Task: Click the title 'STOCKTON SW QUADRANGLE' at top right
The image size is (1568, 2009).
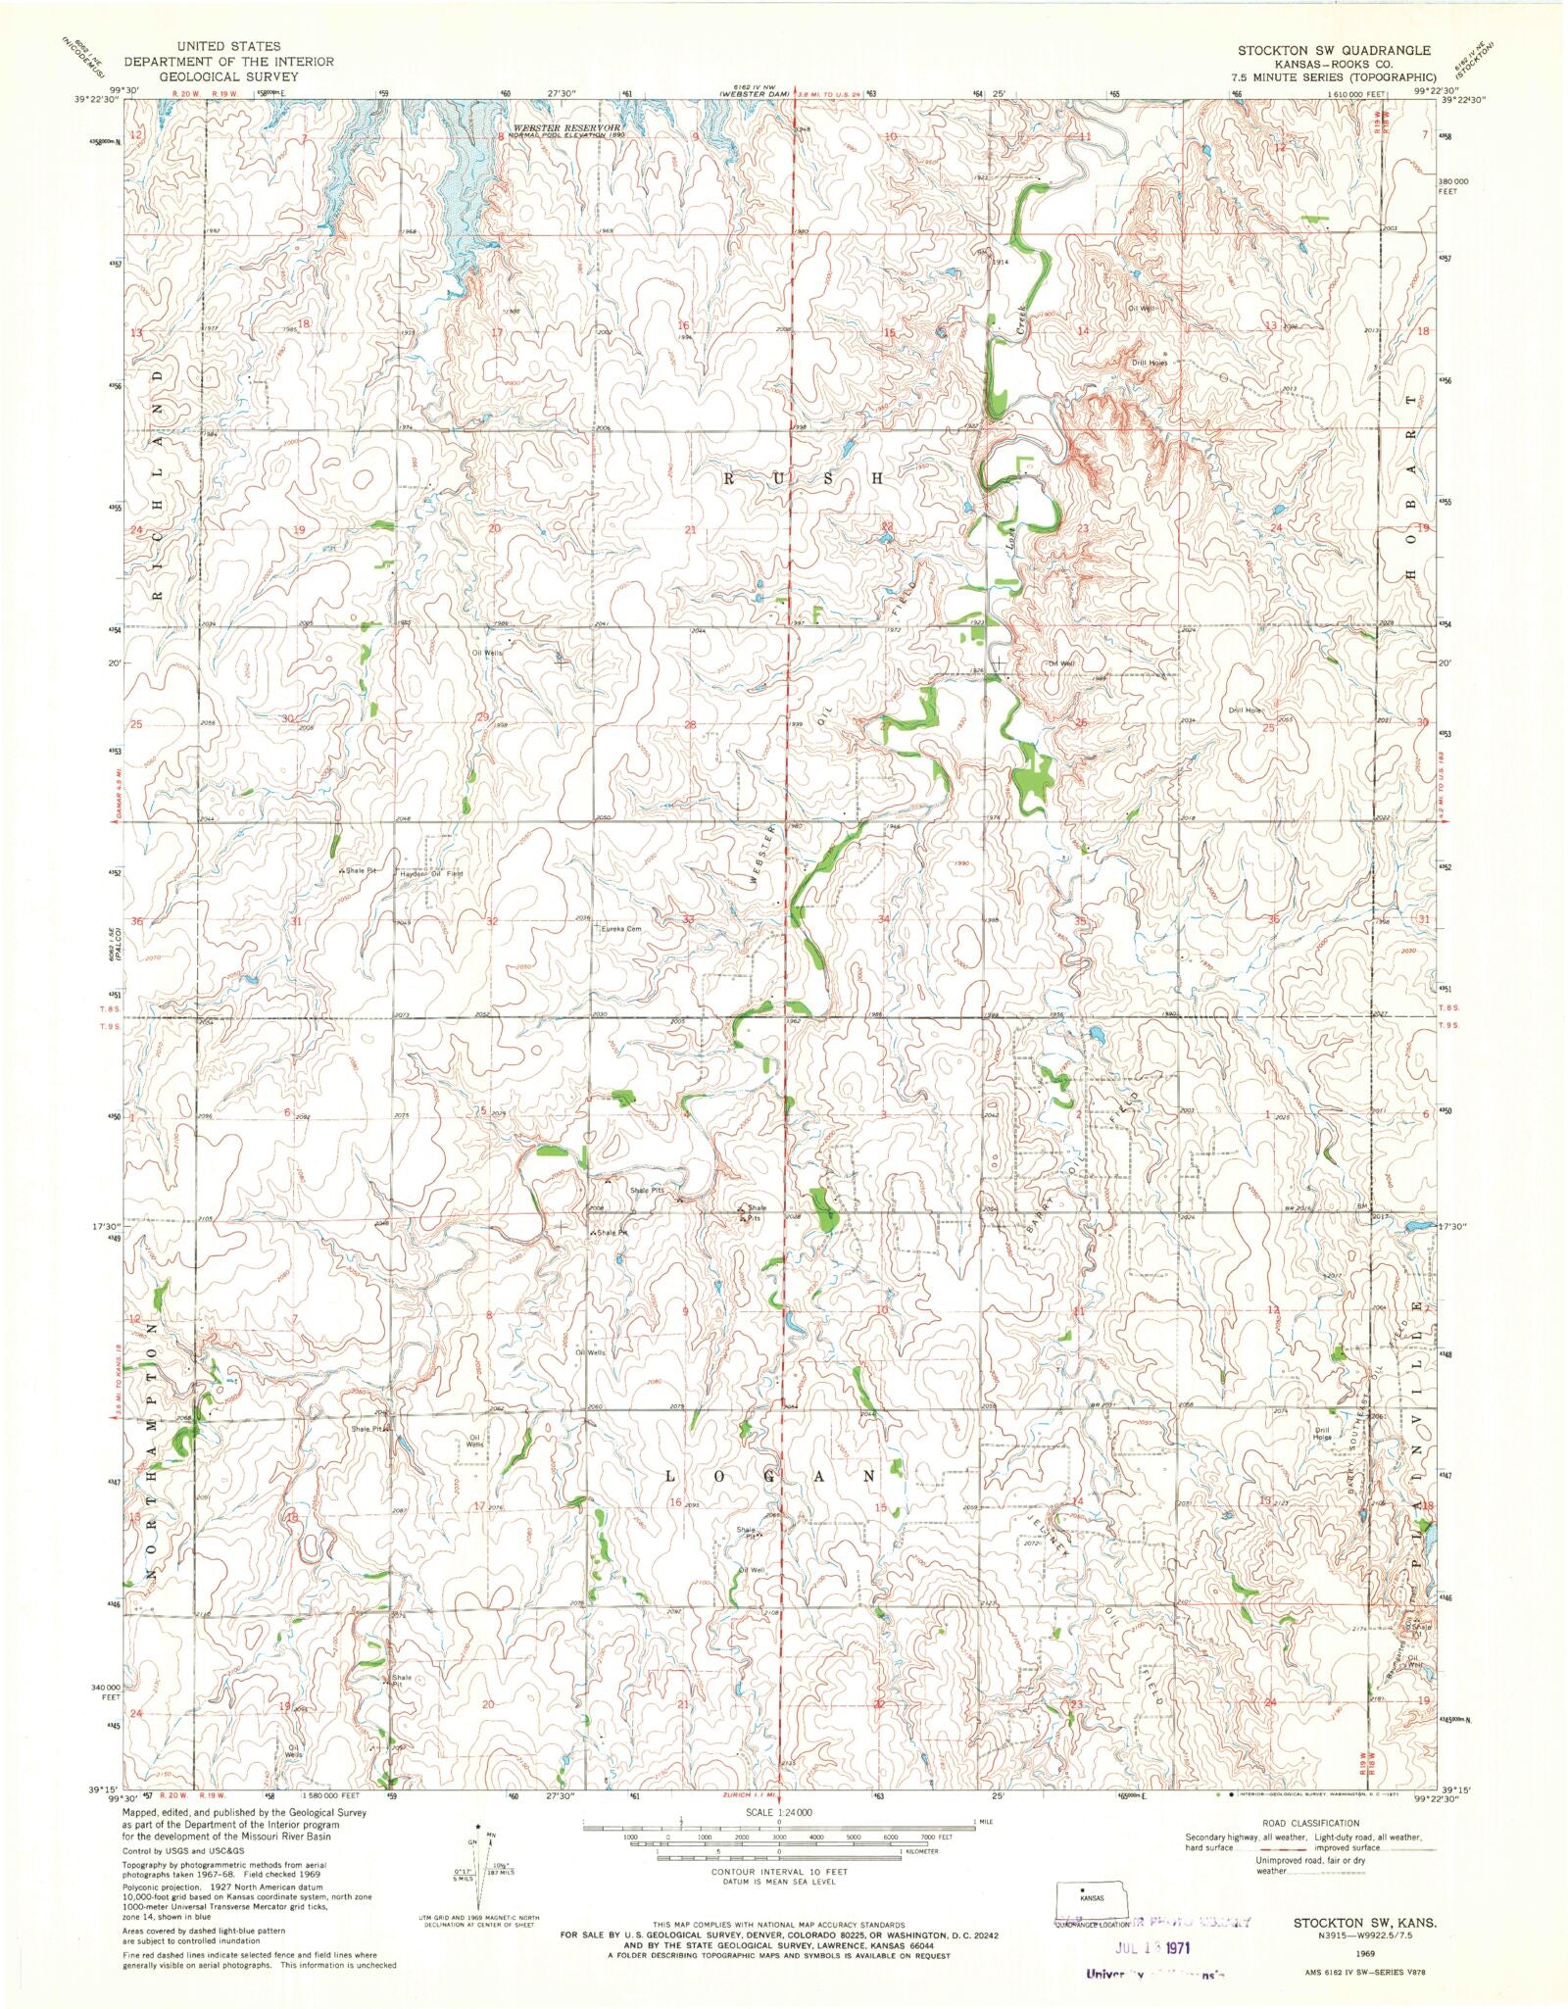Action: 1333,50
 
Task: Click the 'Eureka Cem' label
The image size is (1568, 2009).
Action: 620,930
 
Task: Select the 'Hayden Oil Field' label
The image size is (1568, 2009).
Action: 430,872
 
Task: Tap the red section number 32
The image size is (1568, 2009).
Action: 493,921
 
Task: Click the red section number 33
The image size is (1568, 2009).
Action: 689,920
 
